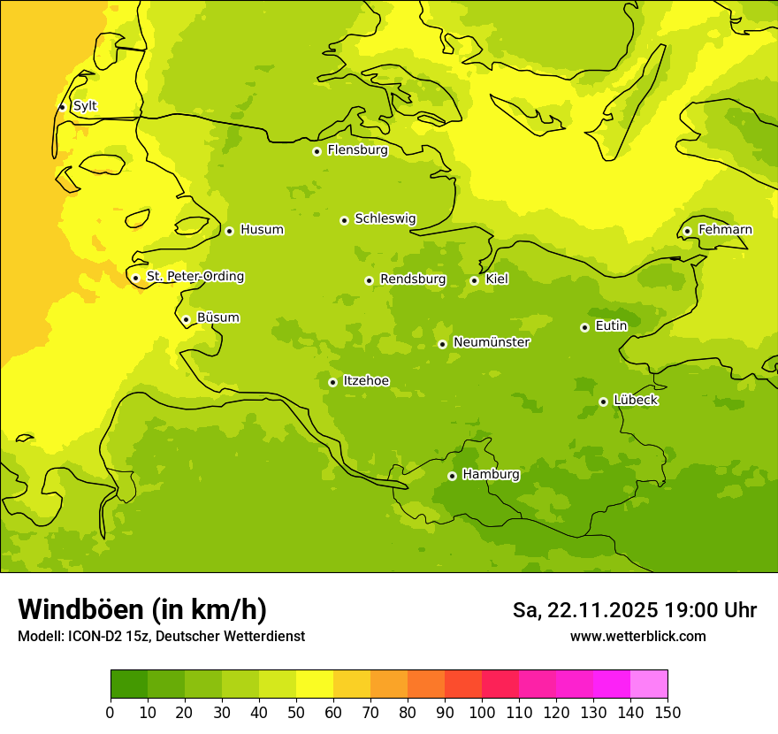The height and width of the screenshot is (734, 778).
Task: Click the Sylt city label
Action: coord(85,106)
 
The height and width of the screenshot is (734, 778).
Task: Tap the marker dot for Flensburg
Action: coord(317,151)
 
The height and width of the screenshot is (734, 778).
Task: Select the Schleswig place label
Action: coord(385,218)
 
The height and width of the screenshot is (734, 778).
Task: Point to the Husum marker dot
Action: coord(229,231)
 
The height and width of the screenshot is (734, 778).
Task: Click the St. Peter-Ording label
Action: coord(194,276)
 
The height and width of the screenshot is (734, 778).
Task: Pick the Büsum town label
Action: coord(217,317)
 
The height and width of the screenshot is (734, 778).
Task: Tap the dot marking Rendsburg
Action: coord(369,280)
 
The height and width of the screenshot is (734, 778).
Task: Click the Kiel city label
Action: coord(496,279)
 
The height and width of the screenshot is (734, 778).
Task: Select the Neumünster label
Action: coord(491,342)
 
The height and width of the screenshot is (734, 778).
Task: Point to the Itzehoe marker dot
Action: coord(332,382)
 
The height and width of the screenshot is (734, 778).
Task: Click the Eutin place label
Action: coord(611,325)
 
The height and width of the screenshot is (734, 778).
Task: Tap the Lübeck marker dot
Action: coord(603,401)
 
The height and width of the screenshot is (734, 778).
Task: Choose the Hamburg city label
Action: coord(491,474)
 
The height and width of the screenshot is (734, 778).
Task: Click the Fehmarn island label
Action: coord(725,230)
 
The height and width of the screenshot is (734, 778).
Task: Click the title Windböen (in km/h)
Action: coord(141,609)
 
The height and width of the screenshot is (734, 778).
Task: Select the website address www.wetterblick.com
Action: coord(637,636)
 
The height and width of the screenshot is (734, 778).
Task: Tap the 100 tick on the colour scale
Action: coord(482,712)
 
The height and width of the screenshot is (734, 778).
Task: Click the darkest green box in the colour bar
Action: coord(128,684)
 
